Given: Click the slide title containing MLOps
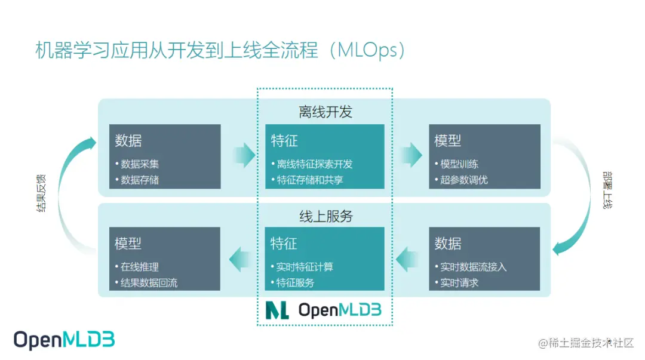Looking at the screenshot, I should click(x=221, y=51).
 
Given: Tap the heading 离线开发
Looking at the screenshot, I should click(x=325, y=112).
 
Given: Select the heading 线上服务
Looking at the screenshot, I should click(x=325, y=216).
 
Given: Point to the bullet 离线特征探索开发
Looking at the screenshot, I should click(x=315, y=164).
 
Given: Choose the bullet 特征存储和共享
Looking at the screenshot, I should click(x=310, y=180).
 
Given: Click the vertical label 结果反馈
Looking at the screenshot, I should click(x=41, y=194).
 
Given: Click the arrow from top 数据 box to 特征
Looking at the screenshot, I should click(x=243, y=156).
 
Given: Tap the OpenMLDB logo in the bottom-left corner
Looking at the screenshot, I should click(x=64, y=340).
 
